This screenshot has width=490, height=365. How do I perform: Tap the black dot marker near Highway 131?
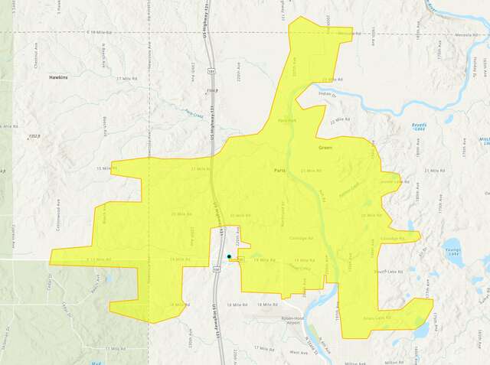[x=229, y=256]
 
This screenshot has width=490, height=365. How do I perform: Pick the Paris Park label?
[x=286, y=121]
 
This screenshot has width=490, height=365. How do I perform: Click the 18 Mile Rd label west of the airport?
[x=240, y=305]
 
